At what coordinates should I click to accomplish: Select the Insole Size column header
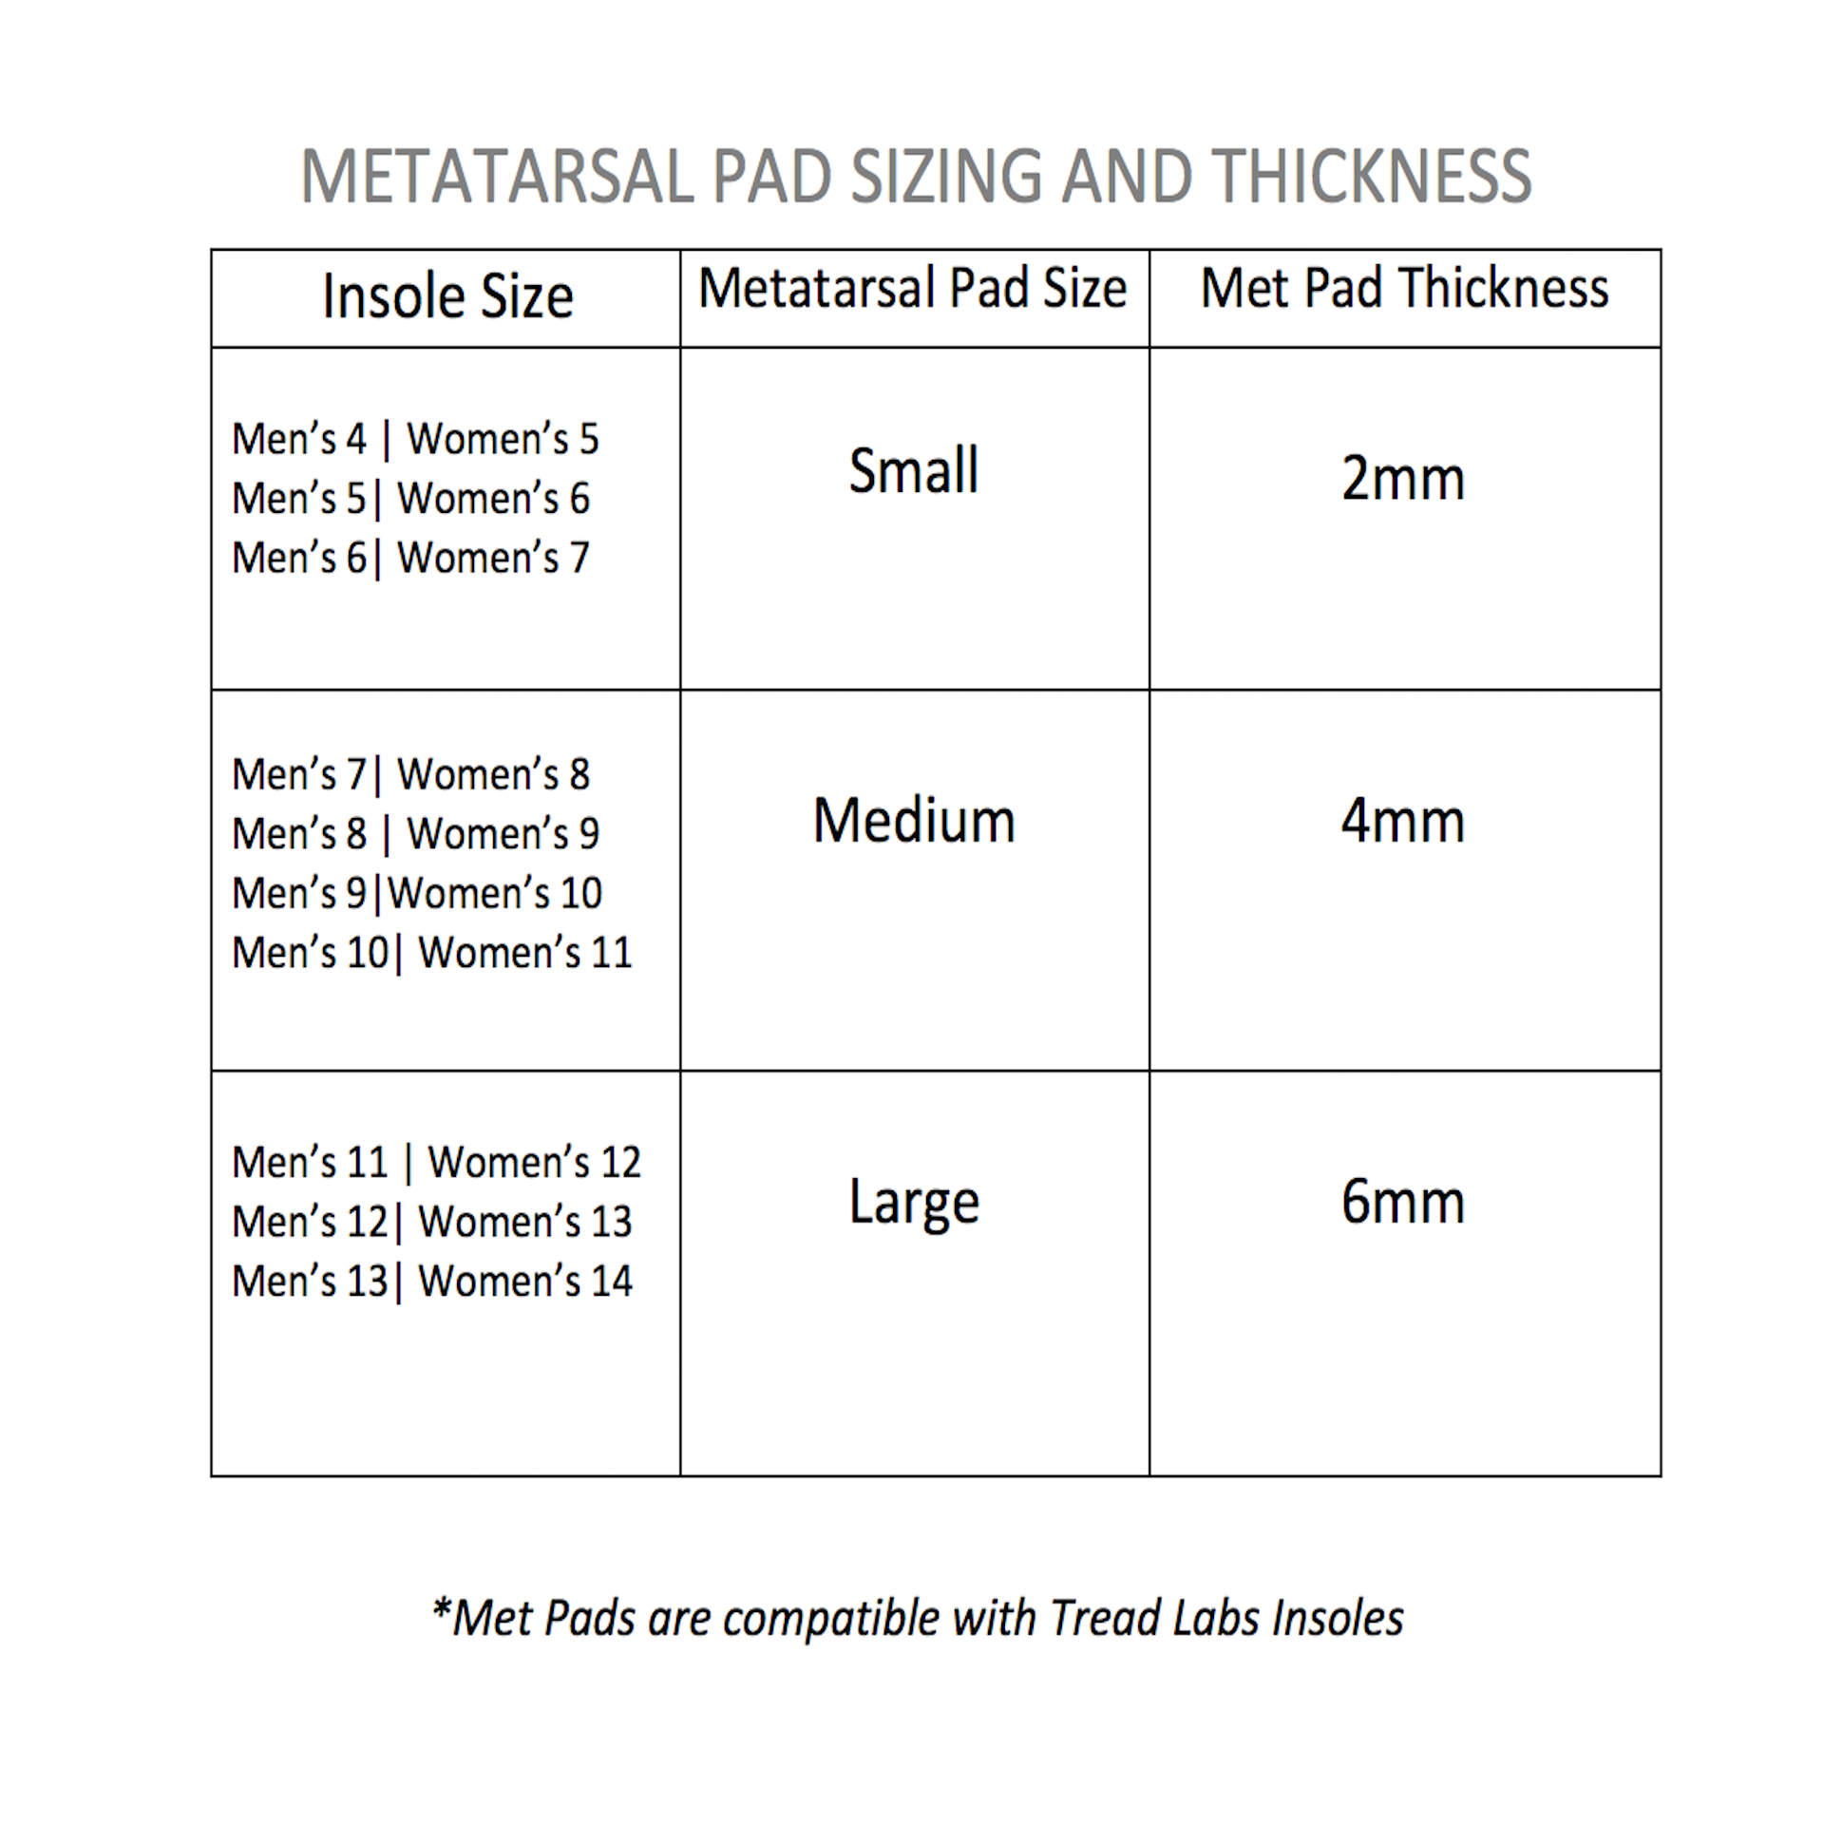447,296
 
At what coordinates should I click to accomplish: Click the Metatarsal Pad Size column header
912,288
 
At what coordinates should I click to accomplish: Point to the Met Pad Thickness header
1404,288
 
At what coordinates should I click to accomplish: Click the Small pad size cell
913,470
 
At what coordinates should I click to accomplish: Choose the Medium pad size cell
914,821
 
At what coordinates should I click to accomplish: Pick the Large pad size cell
914,1203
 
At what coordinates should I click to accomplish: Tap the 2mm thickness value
1402,478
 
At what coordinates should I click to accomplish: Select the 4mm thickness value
1402,821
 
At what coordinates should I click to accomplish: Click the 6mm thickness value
1402,1202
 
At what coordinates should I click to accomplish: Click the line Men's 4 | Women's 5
415,439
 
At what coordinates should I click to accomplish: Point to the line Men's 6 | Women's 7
410,558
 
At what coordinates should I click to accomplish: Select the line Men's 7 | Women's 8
410,774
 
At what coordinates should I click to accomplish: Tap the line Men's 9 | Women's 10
416,893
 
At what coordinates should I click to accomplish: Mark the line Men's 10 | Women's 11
431,953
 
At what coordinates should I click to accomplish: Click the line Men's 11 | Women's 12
436,1162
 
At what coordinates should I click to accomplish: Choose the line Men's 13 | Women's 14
431,1281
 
